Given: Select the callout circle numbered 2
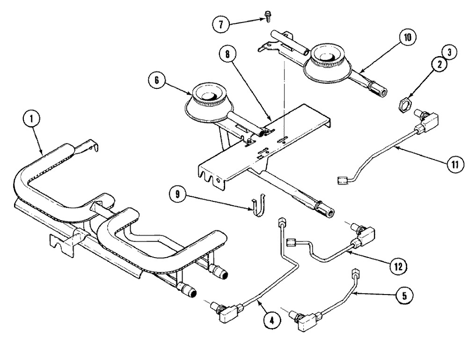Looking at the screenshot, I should tap(439, 66).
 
